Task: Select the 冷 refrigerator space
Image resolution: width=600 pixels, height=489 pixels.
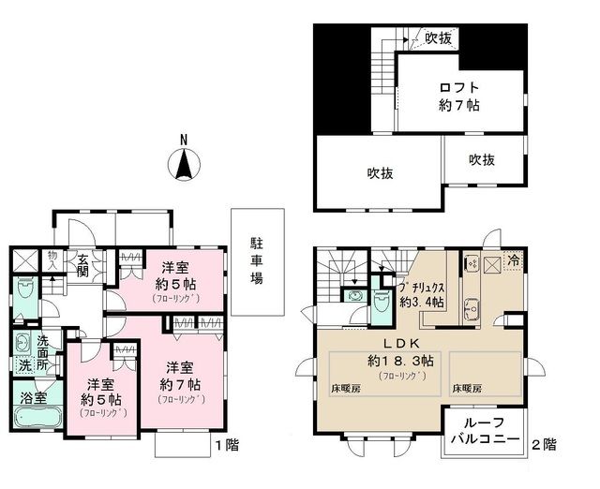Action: coord(514,262)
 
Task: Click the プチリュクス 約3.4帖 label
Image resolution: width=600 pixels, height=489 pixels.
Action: coord(421,294)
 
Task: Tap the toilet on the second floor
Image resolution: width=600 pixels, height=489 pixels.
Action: coord(381,301)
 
